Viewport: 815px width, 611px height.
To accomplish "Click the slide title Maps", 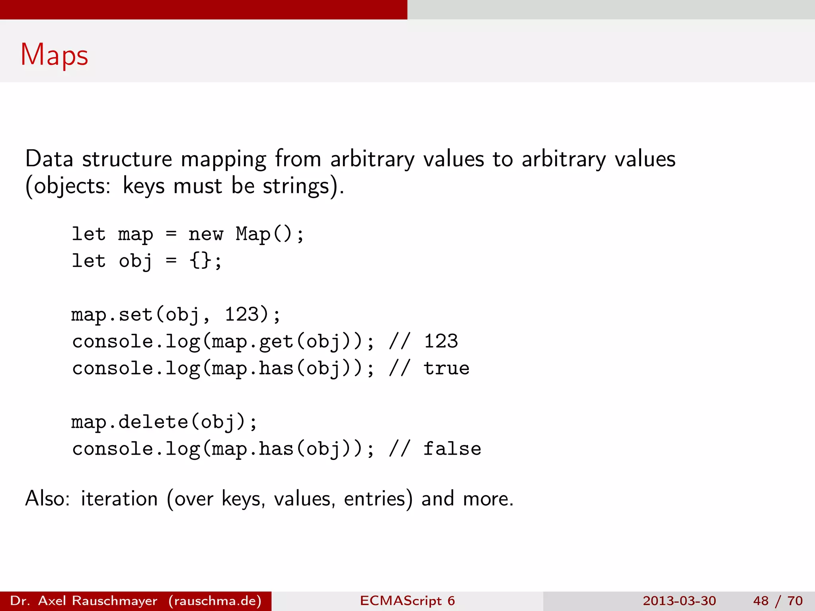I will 54,55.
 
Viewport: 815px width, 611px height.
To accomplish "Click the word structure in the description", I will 127,159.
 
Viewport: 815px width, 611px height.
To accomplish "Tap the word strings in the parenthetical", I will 296,186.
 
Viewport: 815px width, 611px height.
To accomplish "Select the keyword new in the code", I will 206,234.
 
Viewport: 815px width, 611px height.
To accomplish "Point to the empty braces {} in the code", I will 201,261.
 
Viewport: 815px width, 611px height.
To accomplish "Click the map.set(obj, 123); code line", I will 176,315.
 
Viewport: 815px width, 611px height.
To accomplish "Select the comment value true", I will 446,368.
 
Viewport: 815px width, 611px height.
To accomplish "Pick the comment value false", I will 452,449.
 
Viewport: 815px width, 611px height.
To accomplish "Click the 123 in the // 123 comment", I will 441,341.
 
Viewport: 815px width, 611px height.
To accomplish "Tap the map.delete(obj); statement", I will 164,422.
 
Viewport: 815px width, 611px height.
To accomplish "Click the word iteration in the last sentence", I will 119,499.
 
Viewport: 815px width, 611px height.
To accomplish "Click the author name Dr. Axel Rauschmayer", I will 84,601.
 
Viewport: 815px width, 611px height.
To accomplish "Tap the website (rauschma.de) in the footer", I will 215,601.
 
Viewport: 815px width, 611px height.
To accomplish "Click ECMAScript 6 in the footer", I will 407,601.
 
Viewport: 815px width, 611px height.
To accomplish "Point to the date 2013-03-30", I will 679,601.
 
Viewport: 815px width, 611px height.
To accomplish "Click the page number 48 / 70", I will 778,601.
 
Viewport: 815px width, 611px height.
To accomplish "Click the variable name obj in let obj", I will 135,261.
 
